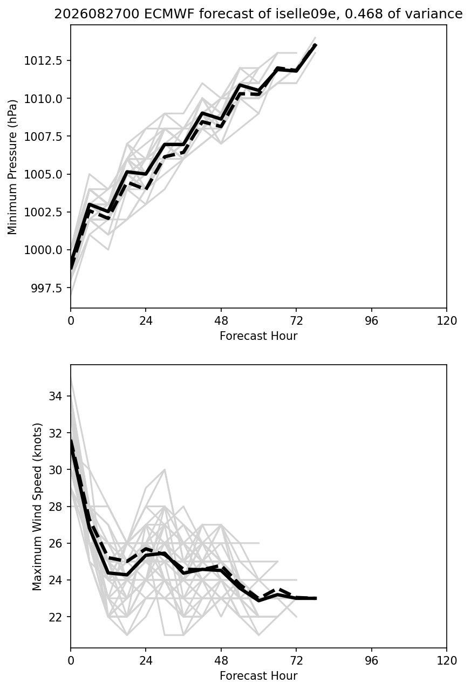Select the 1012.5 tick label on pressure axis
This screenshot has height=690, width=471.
coord(43,60)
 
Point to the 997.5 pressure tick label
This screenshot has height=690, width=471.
coord(47,288)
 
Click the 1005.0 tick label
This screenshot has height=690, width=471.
coord(43,174)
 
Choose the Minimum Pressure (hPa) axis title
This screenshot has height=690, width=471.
coord(12,167)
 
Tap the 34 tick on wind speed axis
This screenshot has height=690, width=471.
coord(56,396)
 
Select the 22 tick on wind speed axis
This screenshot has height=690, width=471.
coord(56,617)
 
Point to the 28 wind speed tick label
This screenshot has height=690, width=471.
coord(56,507)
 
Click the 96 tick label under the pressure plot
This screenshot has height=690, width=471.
coord(372,321)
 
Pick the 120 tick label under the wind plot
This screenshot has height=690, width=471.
coord(447,660)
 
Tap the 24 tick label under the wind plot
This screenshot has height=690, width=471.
coord(146,660)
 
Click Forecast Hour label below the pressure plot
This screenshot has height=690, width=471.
coord(258,336)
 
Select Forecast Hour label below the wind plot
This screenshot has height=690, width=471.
coord(258,675)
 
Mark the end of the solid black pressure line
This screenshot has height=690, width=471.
coord(316,45)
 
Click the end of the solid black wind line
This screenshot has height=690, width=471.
coord(316,598)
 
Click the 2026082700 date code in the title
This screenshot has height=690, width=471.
coord(97,14)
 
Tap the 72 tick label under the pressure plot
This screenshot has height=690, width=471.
coord(296,321)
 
